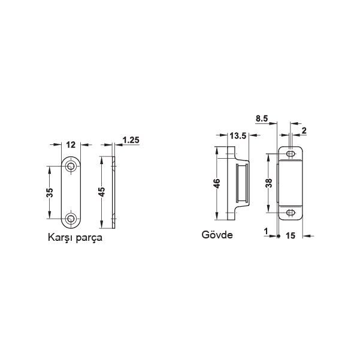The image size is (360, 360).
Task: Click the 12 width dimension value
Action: pyautogui.click(x=71, y=144)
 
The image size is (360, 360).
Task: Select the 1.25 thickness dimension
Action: pyautogui.click(x=131, y=140)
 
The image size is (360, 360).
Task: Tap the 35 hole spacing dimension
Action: pyautogui.click(x=50, y=192)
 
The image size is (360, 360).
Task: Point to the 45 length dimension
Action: pyautogui.click(x=102, y=192)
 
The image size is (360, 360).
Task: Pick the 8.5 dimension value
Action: pyautogui.click(x=261, y=119)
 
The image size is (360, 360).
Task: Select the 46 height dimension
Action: pyautogui.click(x=217, y=183)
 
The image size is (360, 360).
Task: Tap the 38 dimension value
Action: pyautogui.click(x=270, y=183)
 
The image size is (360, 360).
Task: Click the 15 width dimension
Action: pyautogui.click(x=291, y=237)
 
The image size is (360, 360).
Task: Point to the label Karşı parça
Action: pyautogui.click(x=75, y=237)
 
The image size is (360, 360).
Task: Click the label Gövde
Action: pyautogui.click(x=217, y=235)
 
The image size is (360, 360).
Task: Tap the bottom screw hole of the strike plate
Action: pyautogui.click(x=71, y=219)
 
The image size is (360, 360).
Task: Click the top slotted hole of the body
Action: pyautogui.click(x=292, y=155)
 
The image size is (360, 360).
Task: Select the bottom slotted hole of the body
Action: pyautogui.click(x=292, y=212)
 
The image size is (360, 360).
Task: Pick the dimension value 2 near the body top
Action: pyautogui.click(x=304, y=131)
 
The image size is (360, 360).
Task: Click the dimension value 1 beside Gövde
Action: pyautogui.click(x=265, y=229)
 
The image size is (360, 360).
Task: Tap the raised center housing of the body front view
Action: pyautogui.click(x=292, y=183)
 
